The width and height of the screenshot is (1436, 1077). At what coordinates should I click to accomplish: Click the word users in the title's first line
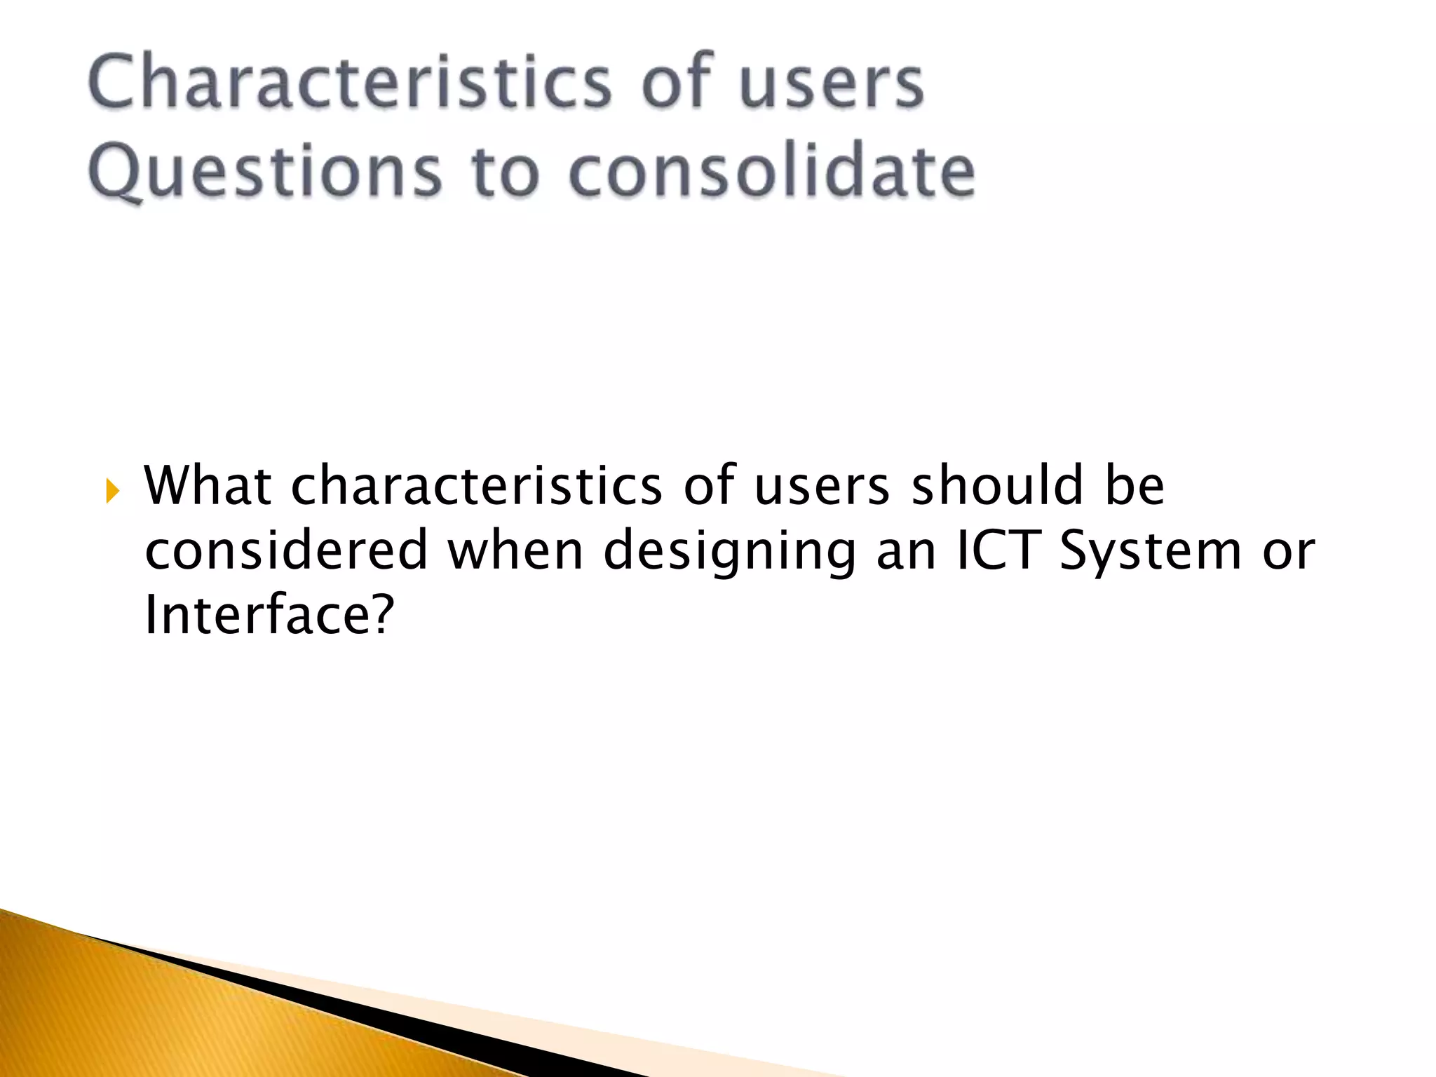click(x=832, y=84)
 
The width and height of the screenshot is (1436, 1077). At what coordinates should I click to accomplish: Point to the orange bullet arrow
click(x=112, y=492)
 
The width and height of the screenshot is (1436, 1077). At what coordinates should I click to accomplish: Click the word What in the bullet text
click(x=208, y=485)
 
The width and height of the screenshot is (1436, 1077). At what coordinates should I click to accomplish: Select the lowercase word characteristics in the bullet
click(x=476, y=485)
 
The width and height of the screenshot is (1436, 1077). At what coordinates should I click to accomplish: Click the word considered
click(x=286, y=550)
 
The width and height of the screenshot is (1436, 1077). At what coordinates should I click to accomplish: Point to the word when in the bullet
click(x=515, y=550)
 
